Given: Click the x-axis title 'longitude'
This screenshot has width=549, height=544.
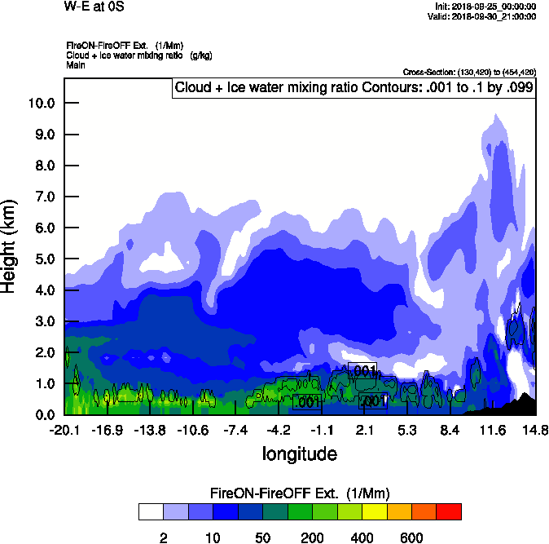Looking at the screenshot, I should pos(300,453).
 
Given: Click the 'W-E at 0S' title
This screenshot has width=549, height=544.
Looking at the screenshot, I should pos(91,7).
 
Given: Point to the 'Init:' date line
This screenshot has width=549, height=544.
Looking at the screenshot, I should pos(485,7).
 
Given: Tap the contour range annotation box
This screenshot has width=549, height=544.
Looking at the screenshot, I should pos(353,87).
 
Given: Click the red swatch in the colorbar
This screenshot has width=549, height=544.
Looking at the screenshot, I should pos(449,511).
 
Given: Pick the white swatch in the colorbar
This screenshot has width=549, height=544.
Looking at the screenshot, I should pos(151,511).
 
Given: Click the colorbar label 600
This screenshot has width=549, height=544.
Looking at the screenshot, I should pos(411,537).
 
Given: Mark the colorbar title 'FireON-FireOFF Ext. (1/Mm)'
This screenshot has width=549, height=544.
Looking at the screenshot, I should pos(300,493).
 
